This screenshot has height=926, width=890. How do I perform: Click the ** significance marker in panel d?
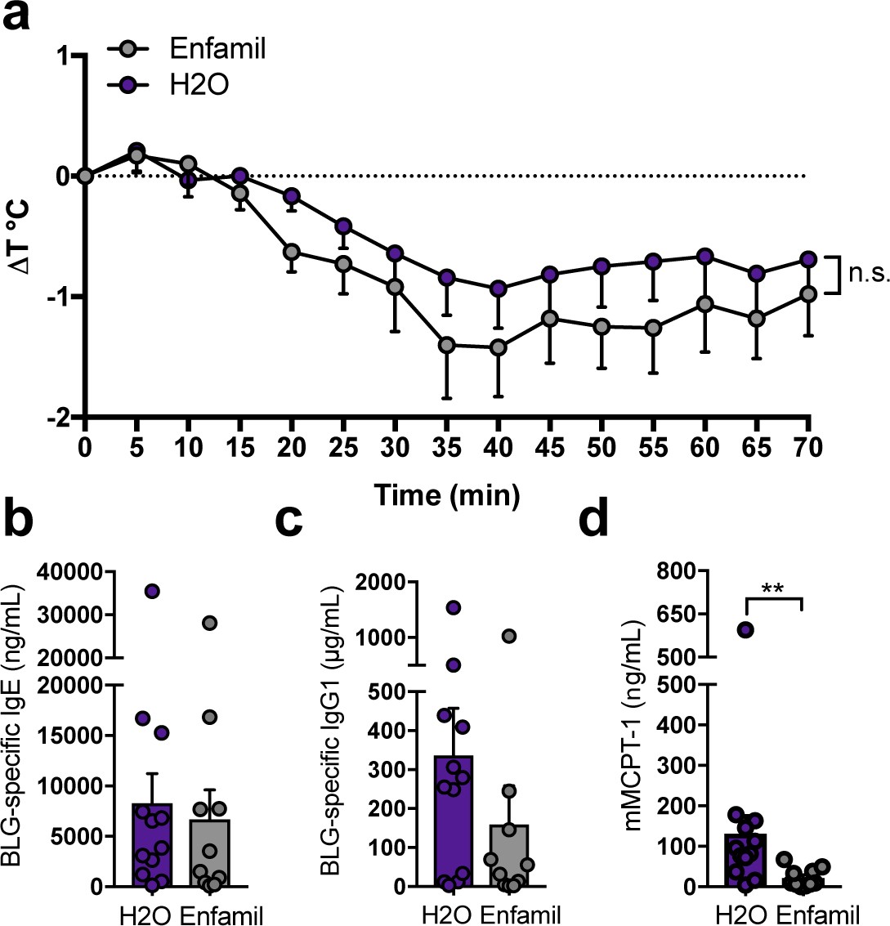click(x=774, y=588)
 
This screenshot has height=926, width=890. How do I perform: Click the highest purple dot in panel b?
click(x=152, y=591)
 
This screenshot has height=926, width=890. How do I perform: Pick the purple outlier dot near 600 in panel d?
click(x=745, y=629)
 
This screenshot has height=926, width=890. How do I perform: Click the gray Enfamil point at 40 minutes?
click(x=498, y=348)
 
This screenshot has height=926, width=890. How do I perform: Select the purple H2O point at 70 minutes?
click(x=808, y=259)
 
